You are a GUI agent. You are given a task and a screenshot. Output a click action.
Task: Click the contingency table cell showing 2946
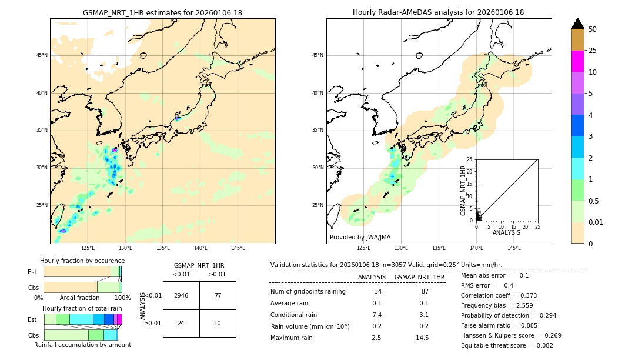pyautogui.click(x=181, y=295)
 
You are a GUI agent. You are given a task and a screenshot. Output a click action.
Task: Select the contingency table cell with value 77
pyautogui.click(x=218, y=295)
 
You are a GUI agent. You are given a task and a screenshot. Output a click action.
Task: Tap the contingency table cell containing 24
pyautogui.click(x=181, y=323)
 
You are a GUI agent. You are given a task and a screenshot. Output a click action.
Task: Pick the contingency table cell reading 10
pyautogui.click(x=218, y=323)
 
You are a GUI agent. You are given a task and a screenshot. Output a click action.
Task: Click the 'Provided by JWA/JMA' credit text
pyautogui.click(x=360, y=238)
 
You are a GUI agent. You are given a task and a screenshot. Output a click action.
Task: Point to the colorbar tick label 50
pyautogui.click(x=593, y=29)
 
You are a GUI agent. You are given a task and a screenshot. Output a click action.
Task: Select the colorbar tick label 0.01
pyautogui.click(x=596, y=222)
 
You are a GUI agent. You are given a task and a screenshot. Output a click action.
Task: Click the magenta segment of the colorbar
pyautogui.click(x=577, y=61)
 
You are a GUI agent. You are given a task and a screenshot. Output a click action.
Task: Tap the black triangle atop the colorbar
pyautogui.click(x=577, y=24)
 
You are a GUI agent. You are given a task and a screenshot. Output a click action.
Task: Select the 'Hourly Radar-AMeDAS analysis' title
pyautogui.click(x=438, y=12)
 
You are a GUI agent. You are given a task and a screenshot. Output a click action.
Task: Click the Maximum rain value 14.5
pyautogui.click(x=422, y=338)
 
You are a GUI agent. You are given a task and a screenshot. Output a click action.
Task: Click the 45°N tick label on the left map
pyautogui.click(x=42, y=55)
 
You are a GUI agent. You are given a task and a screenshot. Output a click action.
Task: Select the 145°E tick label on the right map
pyautogui.click(x=514, y=248)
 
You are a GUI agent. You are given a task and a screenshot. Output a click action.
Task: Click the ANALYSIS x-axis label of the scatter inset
pyautogui.click(x=506, y=232)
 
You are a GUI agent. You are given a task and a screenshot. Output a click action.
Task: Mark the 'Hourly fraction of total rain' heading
pyautogui.click(x=82, y=308)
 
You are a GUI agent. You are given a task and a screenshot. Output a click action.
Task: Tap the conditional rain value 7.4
pyautogui.click(x=377, y=315)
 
